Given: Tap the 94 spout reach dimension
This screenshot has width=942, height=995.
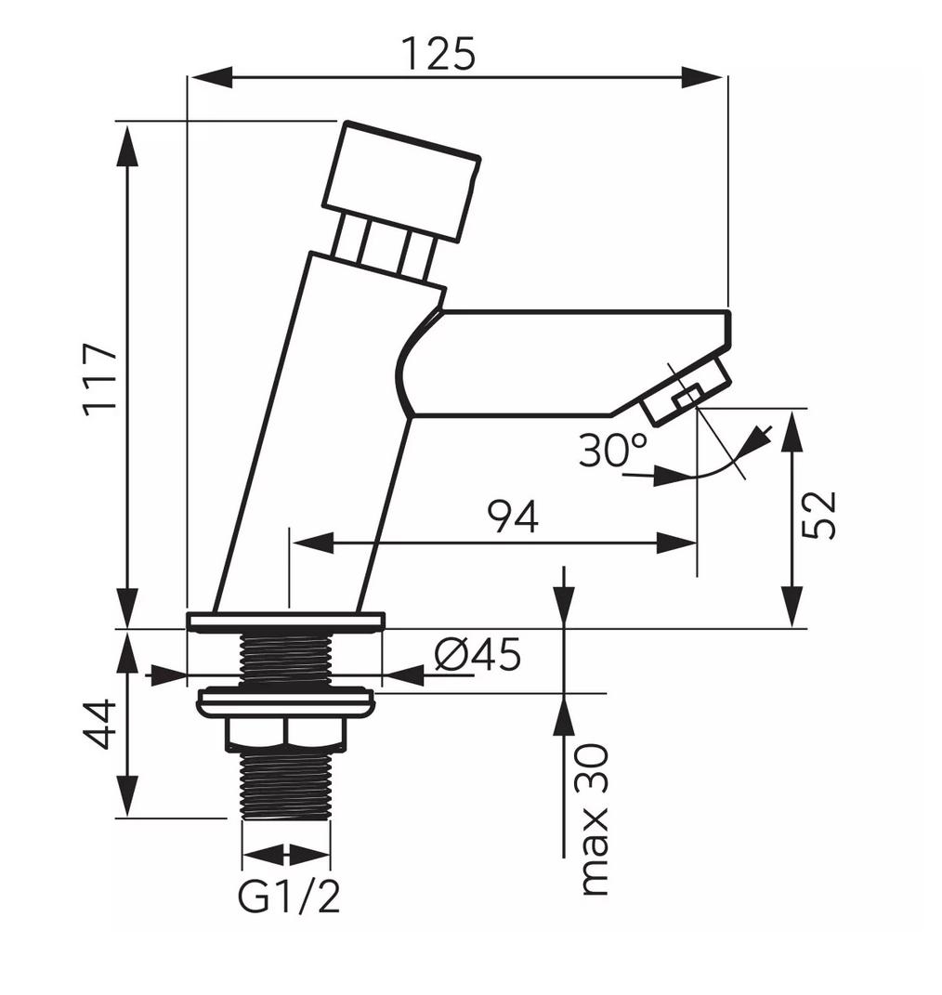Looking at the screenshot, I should [514, 517].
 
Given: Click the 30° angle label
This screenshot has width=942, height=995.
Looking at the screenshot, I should [613, 452].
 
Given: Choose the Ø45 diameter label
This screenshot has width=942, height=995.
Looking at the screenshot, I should [478, 656].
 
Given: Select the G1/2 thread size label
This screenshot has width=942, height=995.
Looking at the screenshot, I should [289, 897].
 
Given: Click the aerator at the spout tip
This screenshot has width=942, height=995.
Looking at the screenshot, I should [688, 394].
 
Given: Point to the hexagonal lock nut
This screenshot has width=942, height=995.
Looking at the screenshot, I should [286, 734].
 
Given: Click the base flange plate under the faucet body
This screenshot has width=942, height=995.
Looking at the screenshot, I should [285, 622].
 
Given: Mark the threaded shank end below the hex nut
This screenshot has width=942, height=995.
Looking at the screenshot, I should [285, 785].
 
